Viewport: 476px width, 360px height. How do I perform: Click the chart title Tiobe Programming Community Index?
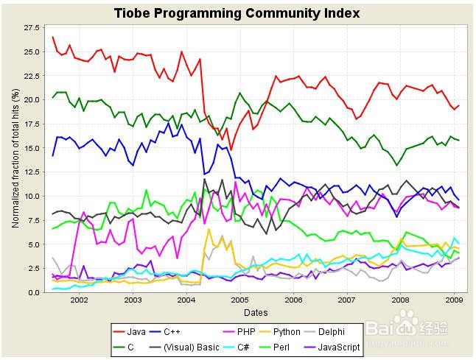tap(237, 13)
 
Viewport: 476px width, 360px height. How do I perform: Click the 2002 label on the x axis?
tap(79, 300)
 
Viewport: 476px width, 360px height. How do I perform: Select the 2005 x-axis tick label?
tap(239, 300)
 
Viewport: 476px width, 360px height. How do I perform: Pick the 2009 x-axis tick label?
tap(454, 300)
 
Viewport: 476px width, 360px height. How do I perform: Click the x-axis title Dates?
tap(255, 312)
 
